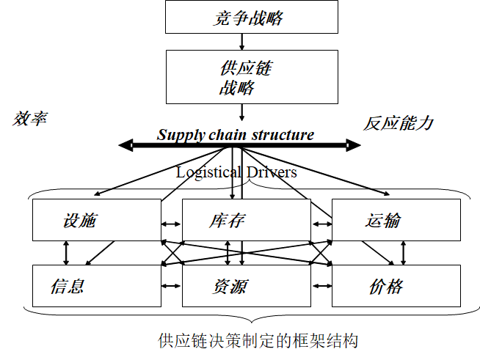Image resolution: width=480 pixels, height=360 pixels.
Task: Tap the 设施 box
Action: (x=96, y=220)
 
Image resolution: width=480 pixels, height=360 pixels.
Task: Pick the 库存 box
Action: (x=246, y=220)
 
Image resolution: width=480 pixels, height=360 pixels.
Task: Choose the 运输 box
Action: (x=396, y=220)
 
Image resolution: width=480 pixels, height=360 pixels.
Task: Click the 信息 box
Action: (x=96, y=286)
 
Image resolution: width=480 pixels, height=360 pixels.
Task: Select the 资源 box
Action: (x=246, y=286)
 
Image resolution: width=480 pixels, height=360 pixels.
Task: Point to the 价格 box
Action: (x=396, y=286)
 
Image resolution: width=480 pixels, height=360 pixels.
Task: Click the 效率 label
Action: (x=30, y=118)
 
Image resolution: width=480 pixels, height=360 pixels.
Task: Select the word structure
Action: (x=283, y=135)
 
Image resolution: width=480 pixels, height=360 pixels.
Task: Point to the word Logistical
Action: (x=208, y=172)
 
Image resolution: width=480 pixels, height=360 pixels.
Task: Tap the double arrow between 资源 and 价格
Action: (x=321, y=286)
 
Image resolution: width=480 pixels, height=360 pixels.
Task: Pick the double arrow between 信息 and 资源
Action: (x=171, y=286)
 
